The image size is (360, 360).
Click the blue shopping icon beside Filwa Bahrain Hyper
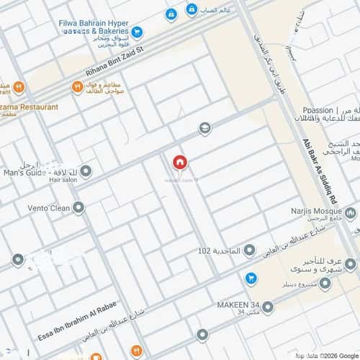click(138, 32)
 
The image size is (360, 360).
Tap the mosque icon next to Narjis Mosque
click(351, 213)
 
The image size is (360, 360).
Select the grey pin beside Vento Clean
click(78, 207)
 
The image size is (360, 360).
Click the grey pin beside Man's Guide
click(86, 171)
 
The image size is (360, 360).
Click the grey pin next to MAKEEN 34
click(268, 307)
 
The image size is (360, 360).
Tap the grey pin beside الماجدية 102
click(249, 251)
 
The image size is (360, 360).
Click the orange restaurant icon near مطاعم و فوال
click(76, 87)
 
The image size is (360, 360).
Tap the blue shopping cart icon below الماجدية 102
click(251, 277)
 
